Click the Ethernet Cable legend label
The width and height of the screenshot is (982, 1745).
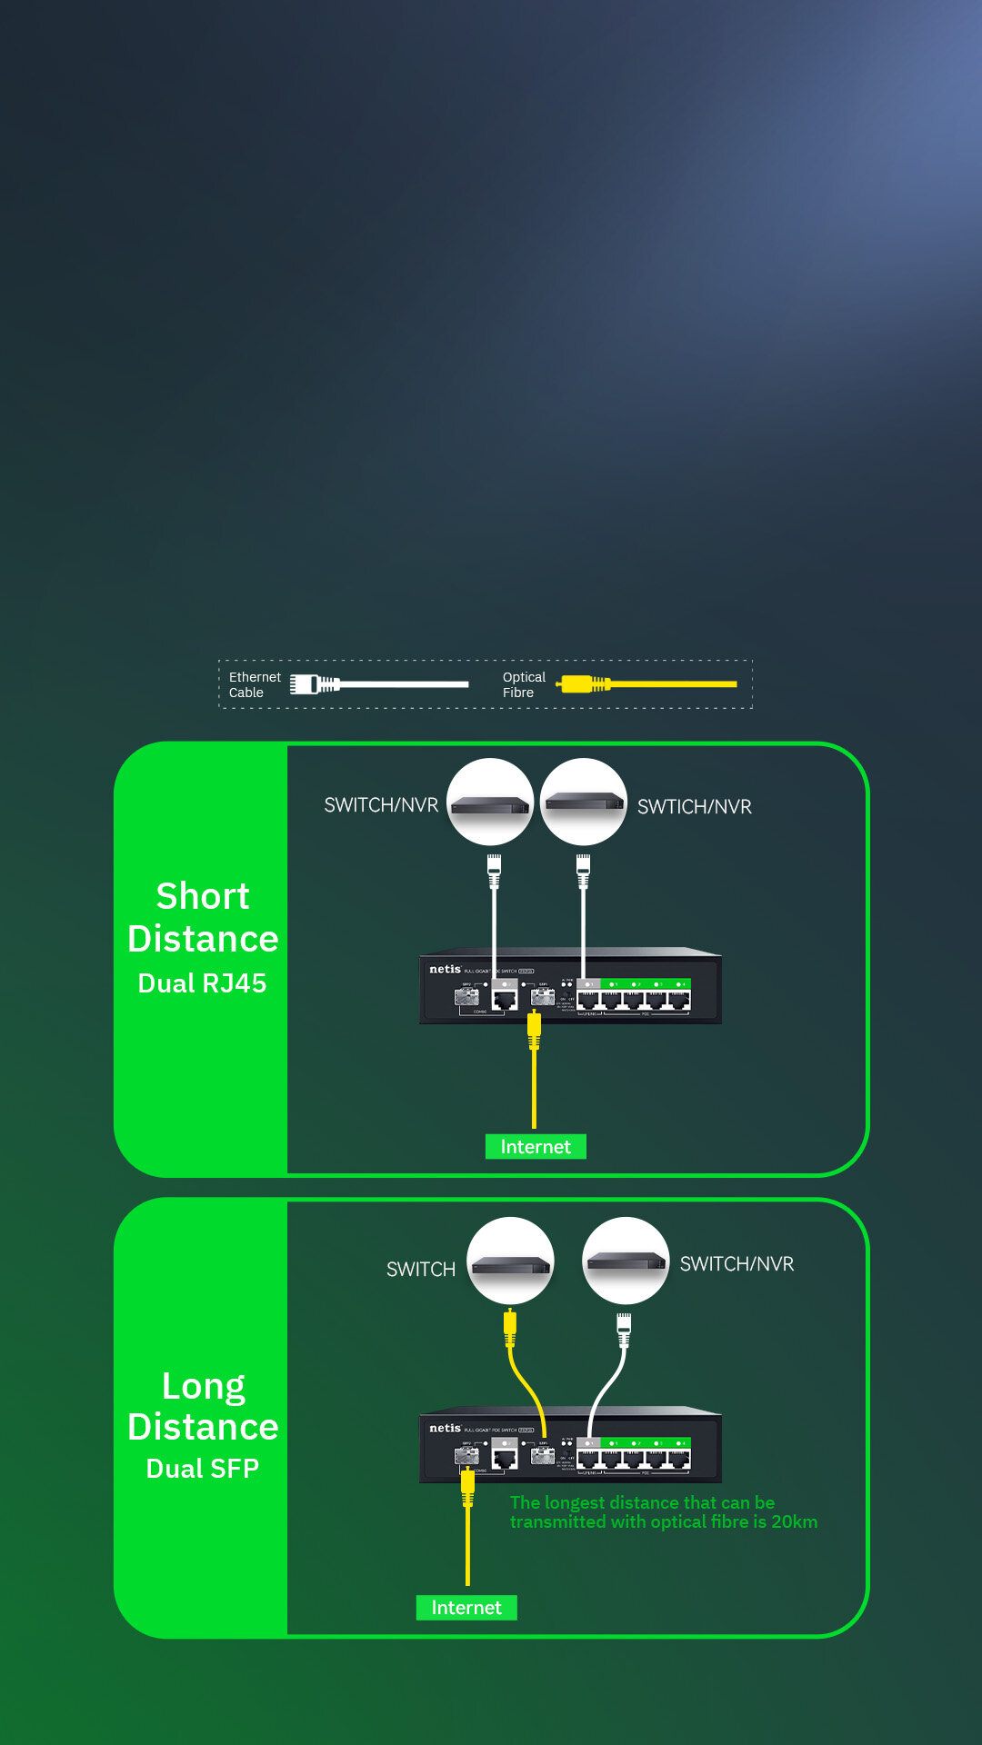254,684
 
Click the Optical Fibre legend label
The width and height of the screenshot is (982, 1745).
524,684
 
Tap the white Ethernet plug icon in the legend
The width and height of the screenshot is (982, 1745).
314,684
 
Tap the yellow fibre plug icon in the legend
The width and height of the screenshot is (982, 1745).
582,683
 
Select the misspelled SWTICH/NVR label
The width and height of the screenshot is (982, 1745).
694,807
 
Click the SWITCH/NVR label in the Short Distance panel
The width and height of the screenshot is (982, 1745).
381,805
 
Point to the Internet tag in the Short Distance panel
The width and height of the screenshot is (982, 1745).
536,1147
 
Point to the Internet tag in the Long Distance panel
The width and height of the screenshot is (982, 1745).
466,1608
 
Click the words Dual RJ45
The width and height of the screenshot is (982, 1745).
202,983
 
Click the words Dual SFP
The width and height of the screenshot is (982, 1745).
203,1469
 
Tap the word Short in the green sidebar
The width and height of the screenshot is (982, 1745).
203,896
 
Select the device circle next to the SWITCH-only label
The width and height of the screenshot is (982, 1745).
510,1261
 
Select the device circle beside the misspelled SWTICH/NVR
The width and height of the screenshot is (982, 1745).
583,802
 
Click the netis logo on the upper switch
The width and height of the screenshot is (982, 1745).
445,969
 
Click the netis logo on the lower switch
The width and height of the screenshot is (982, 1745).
445,1428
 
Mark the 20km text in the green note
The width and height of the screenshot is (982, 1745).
794,1521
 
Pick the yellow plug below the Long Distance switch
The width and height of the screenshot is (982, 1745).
467,1486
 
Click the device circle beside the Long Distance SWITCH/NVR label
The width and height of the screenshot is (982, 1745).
626,1261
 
